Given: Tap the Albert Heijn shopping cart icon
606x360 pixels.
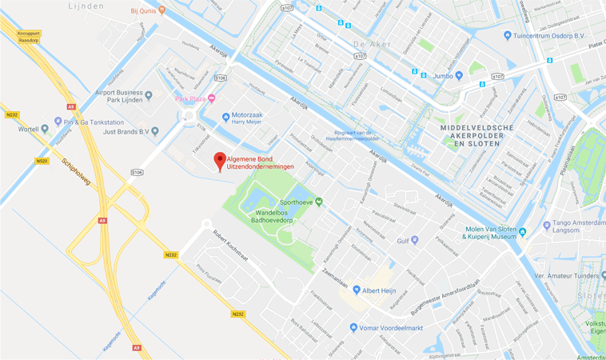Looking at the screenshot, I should [357, 290].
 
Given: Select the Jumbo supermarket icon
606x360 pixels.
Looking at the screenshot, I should [459, 76].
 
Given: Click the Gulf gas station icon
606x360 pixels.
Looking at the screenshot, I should [414, 240].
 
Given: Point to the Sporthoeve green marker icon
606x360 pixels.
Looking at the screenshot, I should [319, 202].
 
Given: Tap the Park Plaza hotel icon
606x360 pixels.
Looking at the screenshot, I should [211, 98].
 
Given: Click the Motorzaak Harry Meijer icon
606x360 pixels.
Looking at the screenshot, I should [226, 117].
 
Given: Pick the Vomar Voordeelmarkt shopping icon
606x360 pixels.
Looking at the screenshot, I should [353, 327].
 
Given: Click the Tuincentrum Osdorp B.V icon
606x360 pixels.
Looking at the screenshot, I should [507, 35].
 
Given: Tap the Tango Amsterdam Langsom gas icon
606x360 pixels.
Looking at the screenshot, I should [546, 226].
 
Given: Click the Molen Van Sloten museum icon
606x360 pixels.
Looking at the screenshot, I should [522, 232].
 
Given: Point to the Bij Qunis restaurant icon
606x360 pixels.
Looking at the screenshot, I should [161, 10].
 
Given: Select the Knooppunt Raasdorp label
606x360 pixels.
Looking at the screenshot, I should [28, 35].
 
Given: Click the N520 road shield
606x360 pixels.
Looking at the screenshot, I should [42, 162].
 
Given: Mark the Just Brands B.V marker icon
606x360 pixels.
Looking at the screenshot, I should [155, 131].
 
